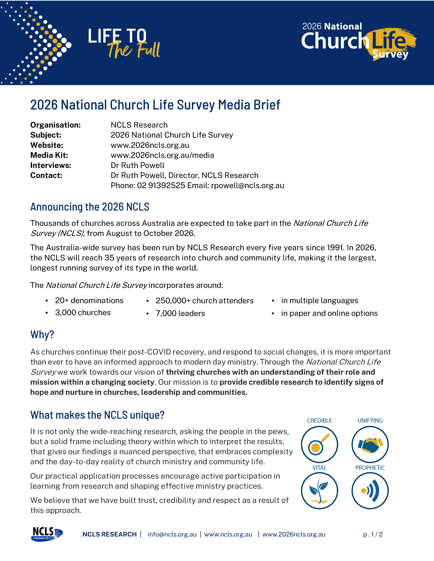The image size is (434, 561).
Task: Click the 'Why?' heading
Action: coord(42,335)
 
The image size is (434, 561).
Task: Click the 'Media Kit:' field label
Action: coord(49,155)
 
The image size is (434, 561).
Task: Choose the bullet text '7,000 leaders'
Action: coord(180,313)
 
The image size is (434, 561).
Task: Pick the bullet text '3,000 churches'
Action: coord(83,313)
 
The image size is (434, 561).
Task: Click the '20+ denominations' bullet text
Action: coord(89,301)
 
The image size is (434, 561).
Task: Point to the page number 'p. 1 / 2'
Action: coord(373,534)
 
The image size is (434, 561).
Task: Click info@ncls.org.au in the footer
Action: coord(172,534)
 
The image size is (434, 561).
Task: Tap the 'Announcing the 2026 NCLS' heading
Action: coord(90,207)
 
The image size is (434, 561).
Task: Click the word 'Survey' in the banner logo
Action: coord(390,54)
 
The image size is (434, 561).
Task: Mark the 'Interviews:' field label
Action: coord(51,165)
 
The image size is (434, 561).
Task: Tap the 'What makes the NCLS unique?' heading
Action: coord(97,415)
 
